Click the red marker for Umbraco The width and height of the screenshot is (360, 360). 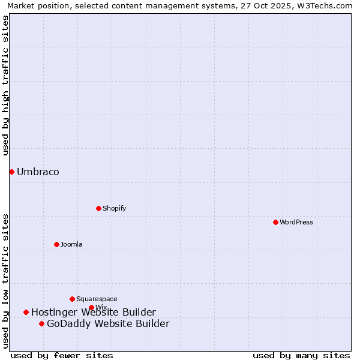pos(11,172)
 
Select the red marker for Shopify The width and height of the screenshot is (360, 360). pos(98,208)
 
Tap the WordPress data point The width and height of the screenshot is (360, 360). pos(275,222)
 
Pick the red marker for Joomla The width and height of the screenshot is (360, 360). pos(56,244)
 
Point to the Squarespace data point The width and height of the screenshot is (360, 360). pos(72,299)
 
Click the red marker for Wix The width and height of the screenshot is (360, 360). pos(91,307)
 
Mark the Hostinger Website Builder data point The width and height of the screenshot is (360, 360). pos(26,312)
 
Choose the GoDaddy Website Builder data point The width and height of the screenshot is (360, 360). pos(41,324)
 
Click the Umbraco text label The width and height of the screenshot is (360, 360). pos(38,172)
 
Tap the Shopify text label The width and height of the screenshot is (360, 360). pos(114,208)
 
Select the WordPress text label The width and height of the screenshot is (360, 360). pos(296,222)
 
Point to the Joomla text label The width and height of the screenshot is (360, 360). pos(71,244)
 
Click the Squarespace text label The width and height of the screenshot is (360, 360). pos(97,299)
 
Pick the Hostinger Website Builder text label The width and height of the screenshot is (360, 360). pos(93,312)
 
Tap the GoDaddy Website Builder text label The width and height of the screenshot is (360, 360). pos(108,324)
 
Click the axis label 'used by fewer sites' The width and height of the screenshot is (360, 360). pos(62,355)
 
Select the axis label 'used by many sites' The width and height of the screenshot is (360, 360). pos(301,355)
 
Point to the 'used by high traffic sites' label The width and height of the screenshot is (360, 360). pos(6,85)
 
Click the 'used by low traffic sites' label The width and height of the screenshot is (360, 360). pos(6,281)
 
